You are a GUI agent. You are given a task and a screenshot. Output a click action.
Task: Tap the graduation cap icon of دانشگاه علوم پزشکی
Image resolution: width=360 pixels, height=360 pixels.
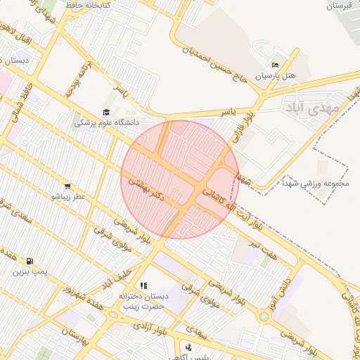point(106,112)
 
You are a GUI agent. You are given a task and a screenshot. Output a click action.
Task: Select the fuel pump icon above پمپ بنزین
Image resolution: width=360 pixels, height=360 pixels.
point(29,261)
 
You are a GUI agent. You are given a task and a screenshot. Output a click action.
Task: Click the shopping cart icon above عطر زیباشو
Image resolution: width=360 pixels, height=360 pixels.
point(67,186)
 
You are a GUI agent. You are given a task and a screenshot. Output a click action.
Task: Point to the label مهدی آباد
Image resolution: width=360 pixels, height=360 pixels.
point(312,108)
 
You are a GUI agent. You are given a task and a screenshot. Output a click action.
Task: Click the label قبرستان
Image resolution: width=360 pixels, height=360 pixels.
point(339,6)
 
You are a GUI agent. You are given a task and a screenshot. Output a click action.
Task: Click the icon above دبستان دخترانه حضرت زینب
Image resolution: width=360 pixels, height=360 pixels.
point(143,285)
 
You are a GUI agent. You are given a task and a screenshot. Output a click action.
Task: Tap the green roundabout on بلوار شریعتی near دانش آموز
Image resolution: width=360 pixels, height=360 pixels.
point(264,317)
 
